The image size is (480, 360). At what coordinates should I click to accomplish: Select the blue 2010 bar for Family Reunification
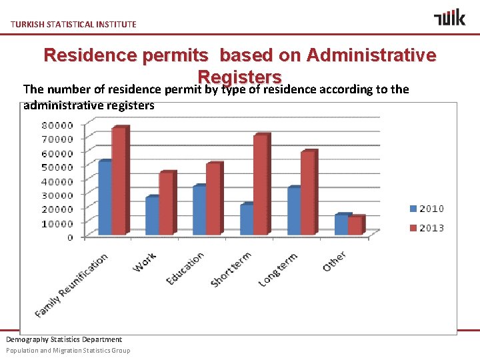[105, 199]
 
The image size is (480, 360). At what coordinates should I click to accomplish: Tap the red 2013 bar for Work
[167, 204]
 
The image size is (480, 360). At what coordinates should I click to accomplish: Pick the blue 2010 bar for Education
[199, 211]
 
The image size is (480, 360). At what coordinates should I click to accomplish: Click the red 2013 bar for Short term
[261, 185]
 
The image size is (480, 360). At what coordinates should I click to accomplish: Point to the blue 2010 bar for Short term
[247, 219]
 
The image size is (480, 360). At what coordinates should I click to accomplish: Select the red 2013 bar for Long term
[308, 193]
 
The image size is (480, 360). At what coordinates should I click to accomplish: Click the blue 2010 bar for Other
[341, 225]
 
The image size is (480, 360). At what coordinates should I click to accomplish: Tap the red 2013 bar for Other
[355, 226]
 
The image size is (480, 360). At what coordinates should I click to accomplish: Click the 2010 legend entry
[426, 209]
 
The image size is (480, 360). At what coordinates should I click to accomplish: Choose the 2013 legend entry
[426, 228]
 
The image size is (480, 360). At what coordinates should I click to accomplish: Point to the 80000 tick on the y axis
[59, 125]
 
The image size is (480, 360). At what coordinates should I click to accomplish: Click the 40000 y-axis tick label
[59, 181]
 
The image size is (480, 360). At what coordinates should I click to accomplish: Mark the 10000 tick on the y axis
[59, 223]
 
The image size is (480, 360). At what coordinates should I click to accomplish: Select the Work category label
[145, 262]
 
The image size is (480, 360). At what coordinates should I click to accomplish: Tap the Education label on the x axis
[185, 269]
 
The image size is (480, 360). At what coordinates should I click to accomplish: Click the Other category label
[334, 261]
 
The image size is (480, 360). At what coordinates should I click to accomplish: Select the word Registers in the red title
[240, 76]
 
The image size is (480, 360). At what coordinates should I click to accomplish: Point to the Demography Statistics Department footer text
[64, 339]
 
